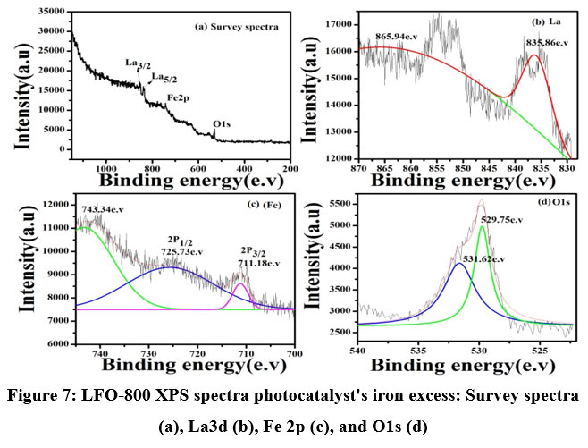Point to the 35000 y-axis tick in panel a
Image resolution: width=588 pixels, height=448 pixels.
point(49,11)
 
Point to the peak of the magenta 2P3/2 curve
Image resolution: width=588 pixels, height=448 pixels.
point(242,283)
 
